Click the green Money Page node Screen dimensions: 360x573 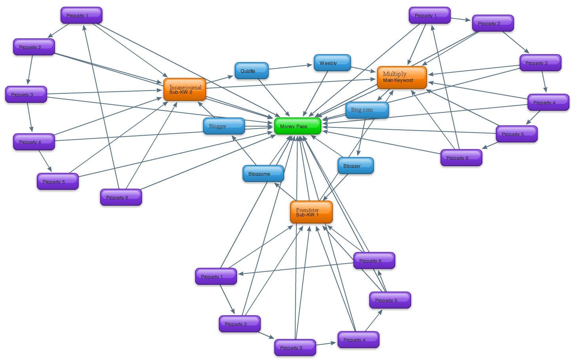(298, 126)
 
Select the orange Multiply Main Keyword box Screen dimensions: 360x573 (402, 78)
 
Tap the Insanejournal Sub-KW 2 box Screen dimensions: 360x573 (185, 89)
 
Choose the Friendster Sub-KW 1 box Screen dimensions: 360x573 (311, 212)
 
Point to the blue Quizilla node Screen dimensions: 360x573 (251, 71)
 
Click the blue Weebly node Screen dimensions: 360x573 (332, 63)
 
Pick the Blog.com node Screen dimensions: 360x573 (367, 110)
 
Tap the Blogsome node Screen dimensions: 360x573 (263, 174)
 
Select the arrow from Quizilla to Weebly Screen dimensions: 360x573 (291, 67)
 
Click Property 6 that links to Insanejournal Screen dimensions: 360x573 (121, 197)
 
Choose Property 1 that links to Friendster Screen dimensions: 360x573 (216, 276)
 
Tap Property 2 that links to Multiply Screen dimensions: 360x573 (493, 23)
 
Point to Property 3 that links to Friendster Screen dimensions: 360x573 (295, 347)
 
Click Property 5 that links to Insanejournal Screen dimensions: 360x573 (57, 181)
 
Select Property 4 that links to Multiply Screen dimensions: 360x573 (548, 102)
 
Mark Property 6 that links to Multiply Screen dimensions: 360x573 (461, 157)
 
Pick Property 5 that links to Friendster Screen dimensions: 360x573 (390, 300)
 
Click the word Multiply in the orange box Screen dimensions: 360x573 (395, 74)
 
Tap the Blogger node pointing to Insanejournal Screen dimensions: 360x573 (224, 126)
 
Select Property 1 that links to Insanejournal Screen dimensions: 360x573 (81, 15)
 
